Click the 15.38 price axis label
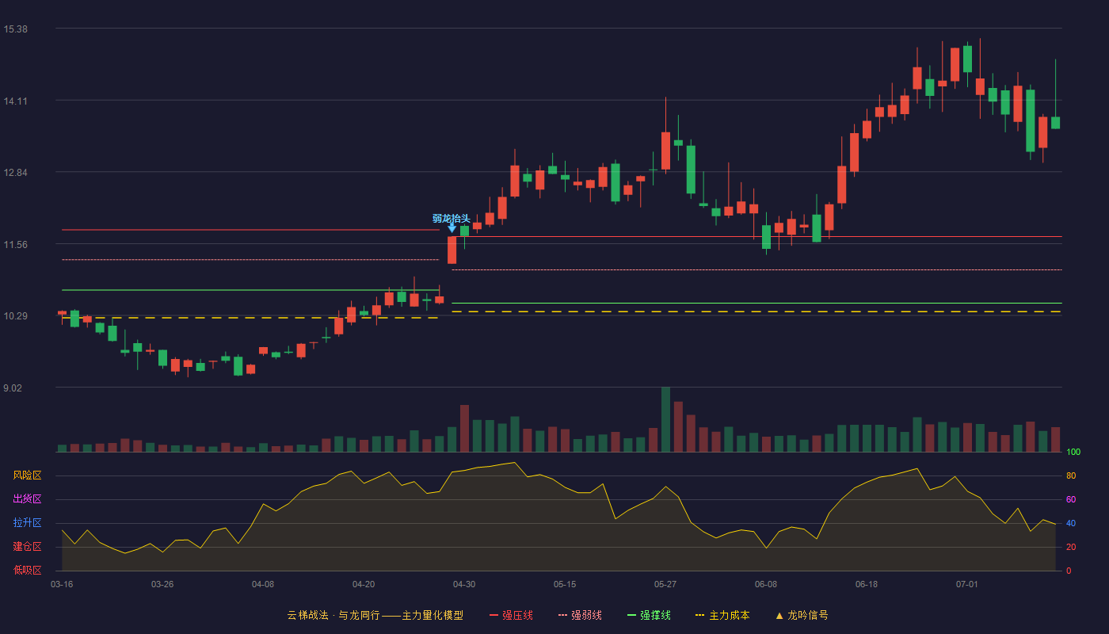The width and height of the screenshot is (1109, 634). click(15, 29)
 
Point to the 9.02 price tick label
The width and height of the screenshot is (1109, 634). click(13, 388)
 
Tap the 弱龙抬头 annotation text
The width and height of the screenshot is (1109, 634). click(451, 219)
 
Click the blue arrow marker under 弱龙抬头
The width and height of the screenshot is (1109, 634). click(452, 228)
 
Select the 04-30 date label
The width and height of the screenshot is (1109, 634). click(464, 585)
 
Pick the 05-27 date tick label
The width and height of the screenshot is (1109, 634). click(665, 585)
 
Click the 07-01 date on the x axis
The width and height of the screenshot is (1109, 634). click(966, 585)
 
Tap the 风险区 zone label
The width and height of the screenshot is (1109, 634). click(27, 475)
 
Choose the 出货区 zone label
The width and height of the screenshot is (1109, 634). click(27, 498)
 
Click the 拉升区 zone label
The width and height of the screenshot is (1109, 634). click(27, 522)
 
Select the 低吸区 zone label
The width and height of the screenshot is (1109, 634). click(27, 570)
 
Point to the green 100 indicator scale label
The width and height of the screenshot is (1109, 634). click(1073, 452)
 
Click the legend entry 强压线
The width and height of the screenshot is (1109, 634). click(511, 615)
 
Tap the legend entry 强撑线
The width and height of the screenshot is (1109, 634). click(649, 615)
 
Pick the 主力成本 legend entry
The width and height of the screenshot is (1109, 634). click(722, 615)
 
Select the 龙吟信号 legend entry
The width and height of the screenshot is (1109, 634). click(802, 615)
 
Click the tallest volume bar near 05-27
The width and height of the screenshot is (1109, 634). click(666, 419)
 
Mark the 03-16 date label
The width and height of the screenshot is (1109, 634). click(62, 585)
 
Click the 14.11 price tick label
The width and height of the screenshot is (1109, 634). click(15, 101)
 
